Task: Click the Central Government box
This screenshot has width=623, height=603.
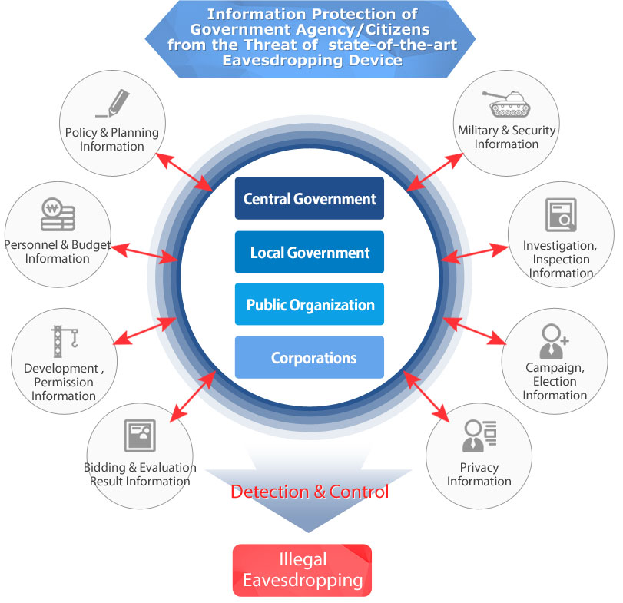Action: click(x=309, y=199)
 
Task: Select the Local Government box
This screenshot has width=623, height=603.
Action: click(x=309, y=252)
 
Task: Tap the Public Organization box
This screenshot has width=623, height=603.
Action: click(x=309, y=304)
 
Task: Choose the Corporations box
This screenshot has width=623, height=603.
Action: click(x=309, y=357)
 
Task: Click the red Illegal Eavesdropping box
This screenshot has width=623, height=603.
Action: click(x=302, y=570)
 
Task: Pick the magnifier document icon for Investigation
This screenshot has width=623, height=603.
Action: click(x=561, y=215)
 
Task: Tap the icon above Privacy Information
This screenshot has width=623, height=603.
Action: click(x=479, y=436)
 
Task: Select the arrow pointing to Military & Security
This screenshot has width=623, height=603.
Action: click(x=435, y=171)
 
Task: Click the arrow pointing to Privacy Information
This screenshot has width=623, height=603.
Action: click(x=426, y=396)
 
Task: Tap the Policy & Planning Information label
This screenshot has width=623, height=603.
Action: click(x=112, y=139)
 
